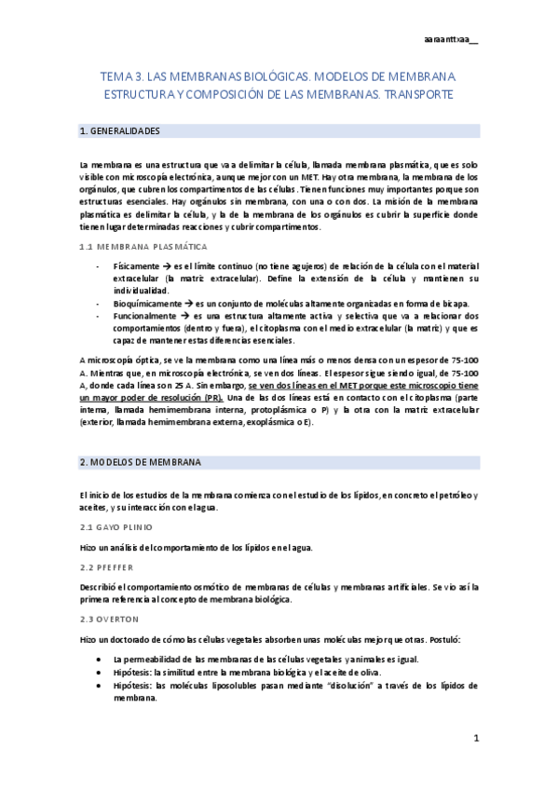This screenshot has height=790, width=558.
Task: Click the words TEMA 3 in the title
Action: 124,80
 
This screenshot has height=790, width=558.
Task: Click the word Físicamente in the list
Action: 136,266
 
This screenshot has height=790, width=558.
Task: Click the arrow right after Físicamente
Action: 169,266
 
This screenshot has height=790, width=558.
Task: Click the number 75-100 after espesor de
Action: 457,359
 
